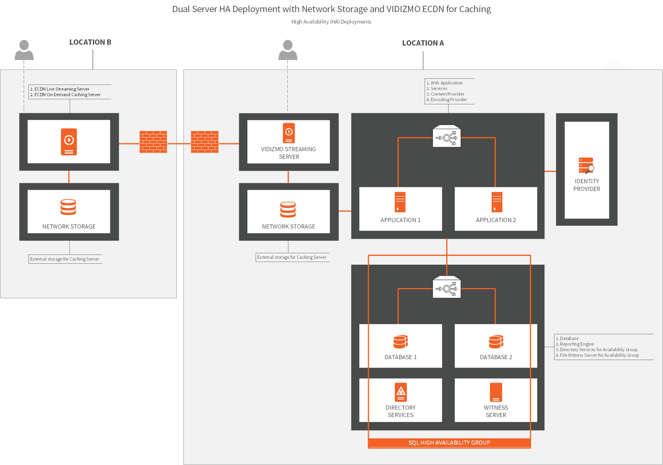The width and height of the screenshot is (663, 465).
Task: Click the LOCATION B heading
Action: click(90, 42)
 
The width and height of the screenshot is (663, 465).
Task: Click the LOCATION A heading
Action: click(423, 43)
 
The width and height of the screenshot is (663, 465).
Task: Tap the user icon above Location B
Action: click(24, 50)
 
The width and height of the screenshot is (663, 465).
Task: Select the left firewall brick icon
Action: click(153, 142)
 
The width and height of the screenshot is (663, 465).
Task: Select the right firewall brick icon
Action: click(205, 142)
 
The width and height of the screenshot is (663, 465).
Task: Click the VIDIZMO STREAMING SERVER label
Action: click(288, 153)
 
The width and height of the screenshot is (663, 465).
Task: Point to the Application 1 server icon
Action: click(400, 202)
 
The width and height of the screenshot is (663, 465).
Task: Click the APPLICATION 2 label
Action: click(496, 220)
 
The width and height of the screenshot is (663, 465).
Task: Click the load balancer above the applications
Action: click(446, 137)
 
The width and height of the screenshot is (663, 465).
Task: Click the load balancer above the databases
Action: click(446, 287)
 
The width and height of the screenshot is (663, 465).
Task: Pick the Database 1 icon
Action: click(400, 342)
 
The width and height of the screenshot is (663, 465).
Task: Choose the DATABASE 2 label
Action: click(496, 357)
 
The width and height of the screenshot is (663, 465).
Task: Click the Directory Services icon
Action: click(401, 392)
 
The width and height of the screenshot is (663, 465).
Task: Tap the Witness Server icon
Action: click(496, 392)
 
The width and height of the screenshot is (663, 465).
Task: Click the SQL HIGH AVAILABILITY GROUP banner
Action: click(449, 443)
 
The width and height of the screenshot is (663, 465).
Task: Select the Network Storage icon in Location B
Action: click(68, 207)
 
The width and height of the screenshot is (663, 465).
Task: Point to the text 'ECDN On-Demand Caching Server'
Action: click(67, 95)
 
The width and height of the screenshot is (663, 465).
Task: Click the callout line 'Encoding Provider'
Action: click(448, 100)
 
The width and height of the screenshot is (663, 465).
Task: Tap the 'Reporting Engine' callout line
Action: click(577, 344)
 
